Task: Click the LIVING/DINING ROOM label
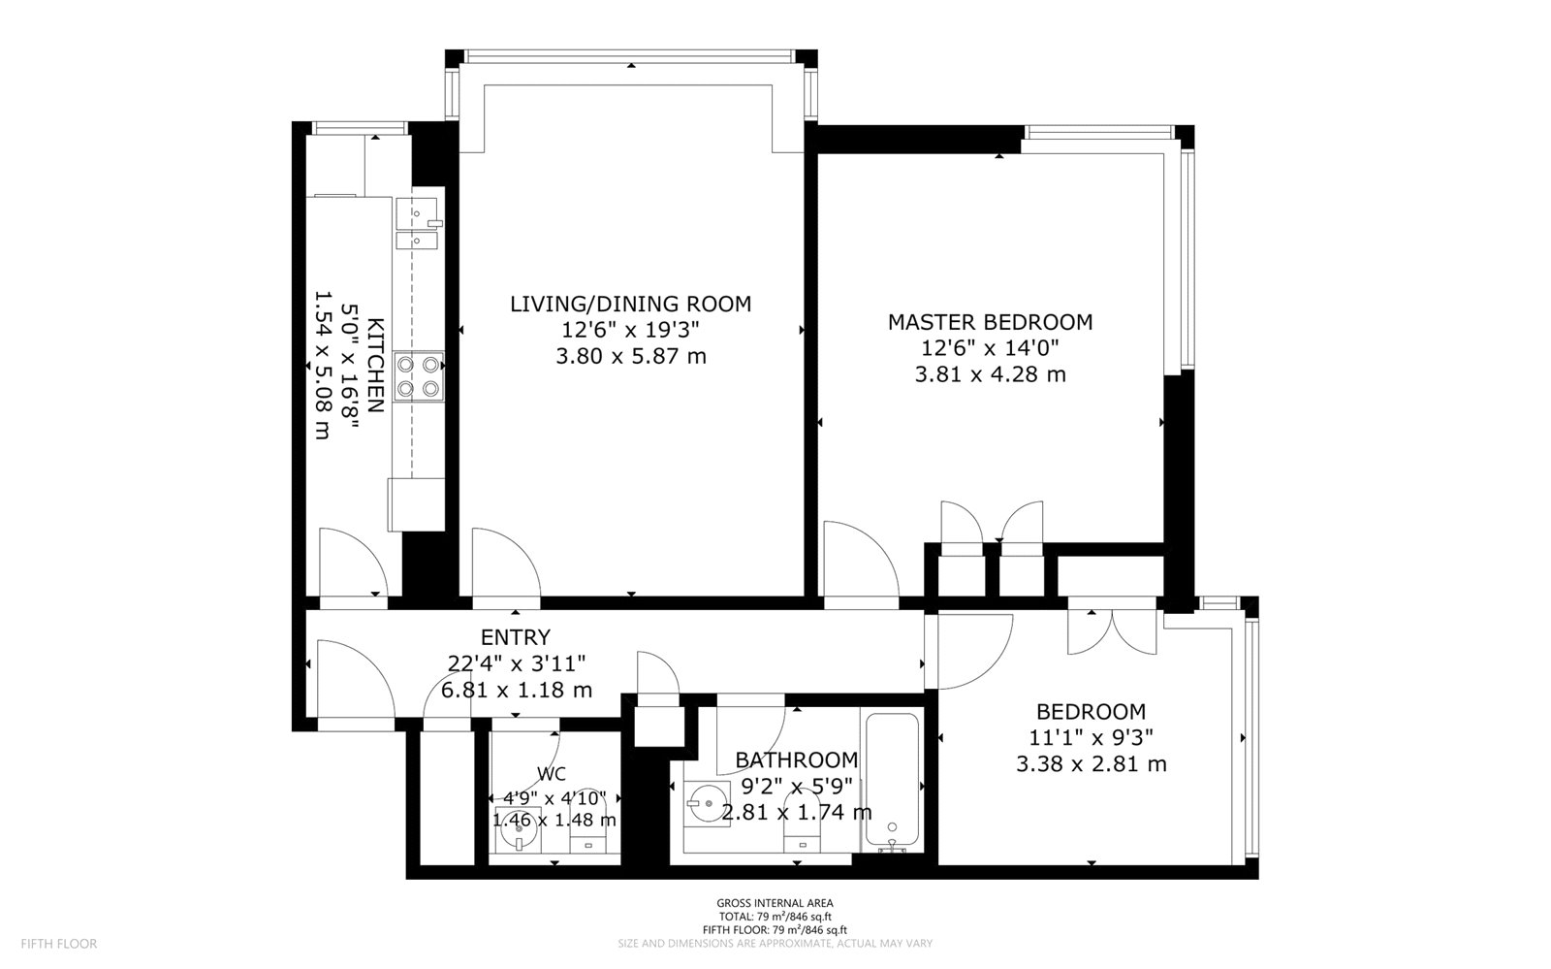point(630,304)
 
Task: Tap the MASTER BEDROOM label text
point(990,322)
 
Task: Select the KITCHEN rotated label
point(375,365)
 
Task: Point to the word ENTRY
point(516,636)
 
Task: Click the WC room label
point(552,774)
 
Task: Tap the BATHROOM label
point(796,759)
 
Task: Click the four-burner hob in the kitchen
point(419,376)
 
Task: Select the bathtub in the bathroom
point(892,782)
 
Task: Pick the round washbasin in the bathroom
point(707,803)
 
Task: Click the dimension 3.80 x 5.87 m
point(631,357)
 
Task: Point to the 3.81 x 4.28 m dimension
point(990,374)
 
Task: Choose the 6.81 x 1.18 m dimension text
point(517,690)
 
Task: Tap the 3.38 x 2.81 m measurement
point(1092,764)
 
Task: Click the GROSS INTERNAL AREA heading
point(775,902)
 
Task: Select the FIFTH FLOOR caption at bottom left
point(59,944)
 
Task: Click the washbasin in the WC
point(518,829)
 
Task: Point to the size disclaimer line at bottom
point(775,944)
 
